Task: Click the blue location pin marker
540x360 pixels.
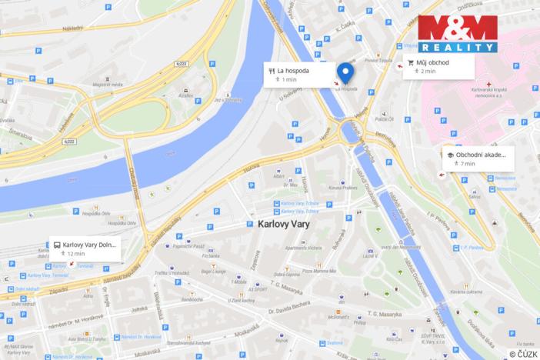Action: (x=345, y=73)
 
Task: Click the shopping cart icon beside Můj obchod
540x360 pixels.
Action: (x=411, y=62)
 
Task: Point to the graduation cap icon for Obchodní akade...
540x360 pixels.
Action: (x=450, y=155)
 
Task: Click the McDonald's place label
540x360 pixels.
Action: (x=340, y=316)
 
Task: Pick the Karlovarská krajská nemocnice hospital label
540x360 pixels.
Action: (x=499, y=101)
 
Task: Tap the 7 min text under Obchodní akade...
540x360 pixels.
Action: (x=468, y=164)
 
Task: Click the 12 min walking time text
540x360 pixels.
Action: (x=75, y=253)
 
